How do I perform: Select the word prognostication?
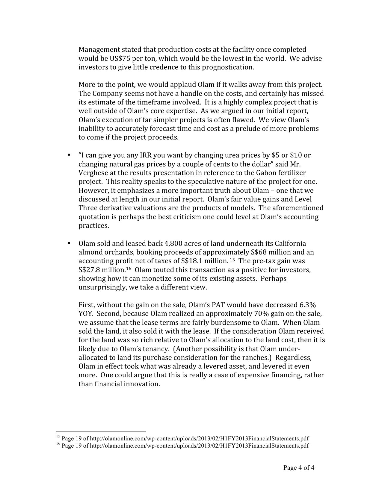(228, 67)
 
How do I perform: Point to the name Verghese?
(92, 173)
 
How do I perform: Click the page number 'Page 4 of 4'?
(299, 468)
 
